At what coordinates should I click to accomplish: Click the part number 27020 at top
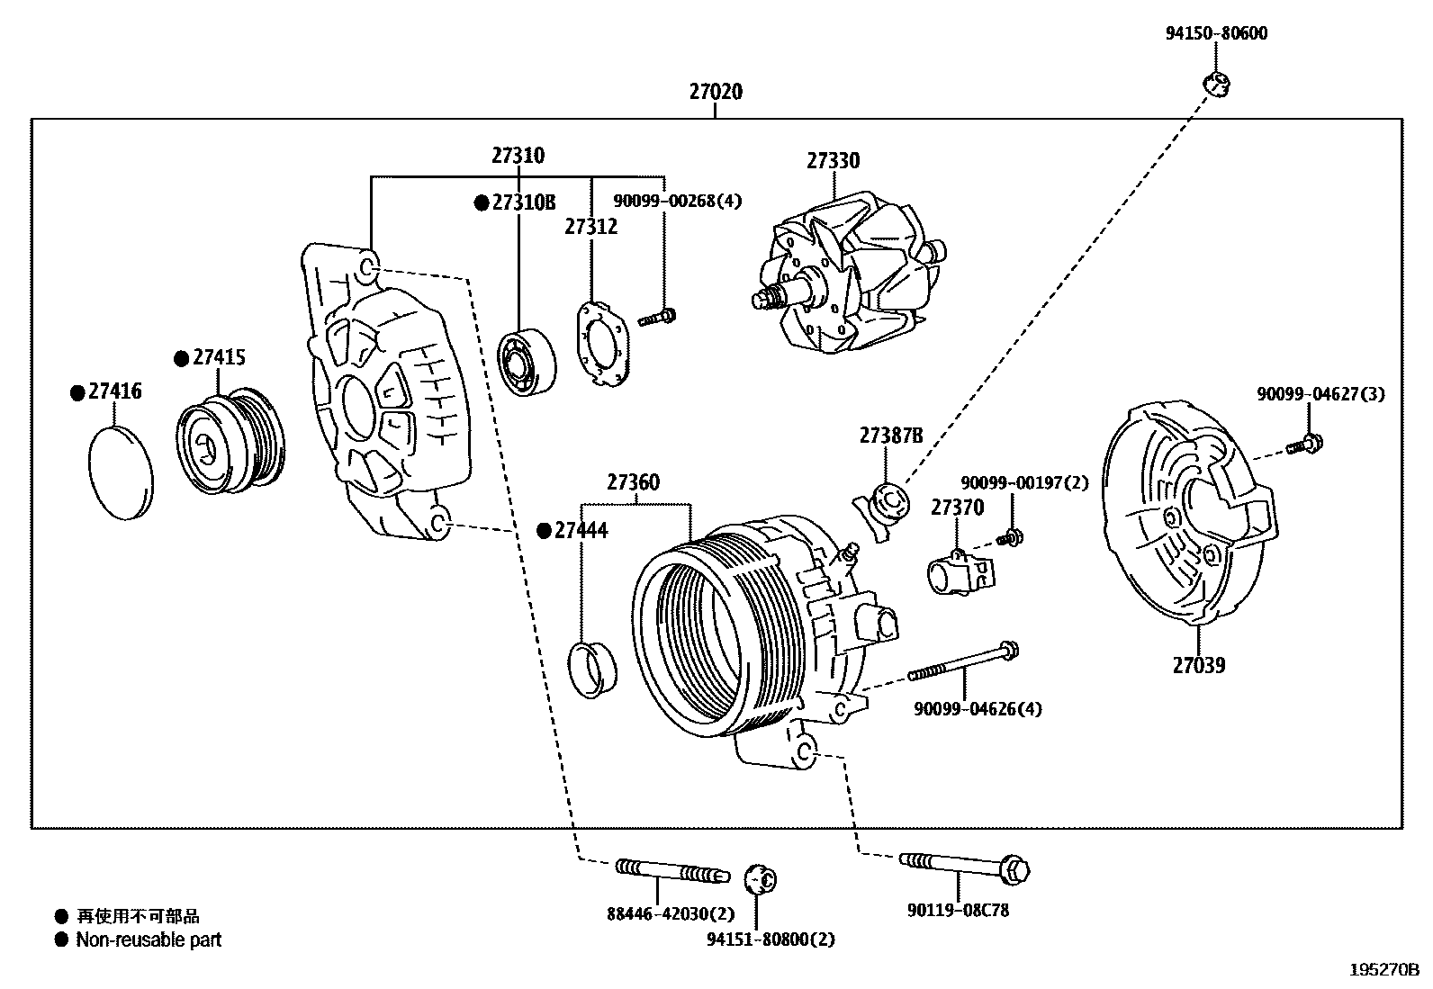pyautogui.click(x=716, y=91)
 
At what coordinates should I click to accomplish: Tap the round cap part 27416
pyautogui.click(x=121, y=472)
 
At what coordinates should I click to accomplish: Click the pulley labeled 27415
pyautogui.click(x=230, y=444)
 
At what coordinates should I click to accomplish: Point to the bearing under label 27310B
pyautogui.click(x=527, y=362)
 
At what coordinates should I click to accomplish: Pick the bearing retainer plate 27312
pyautogui.click(x=602, y=345)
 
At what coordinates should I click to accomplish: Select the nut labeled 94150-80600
pyautogui.click(x=1216, y=85)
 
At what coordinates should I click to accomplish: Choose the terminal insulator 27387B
pyautogui.click(x=884, y=508)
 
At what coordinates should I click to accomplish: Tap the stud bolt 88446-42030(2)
pyautogui.click(x=671, y=869)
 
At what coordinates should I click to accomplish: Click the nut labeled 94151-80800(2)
pyautogui.click(x=762, y=878)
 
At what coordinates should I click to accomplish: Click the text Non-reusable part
pyautogui.click(x=149, y=940)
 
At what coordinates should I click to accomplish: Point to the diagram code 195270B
pyautogui.click(x=1383, y=970)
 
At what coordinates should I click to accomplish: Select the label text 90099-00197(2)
pyautogui.click(x=1024, y=483)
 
